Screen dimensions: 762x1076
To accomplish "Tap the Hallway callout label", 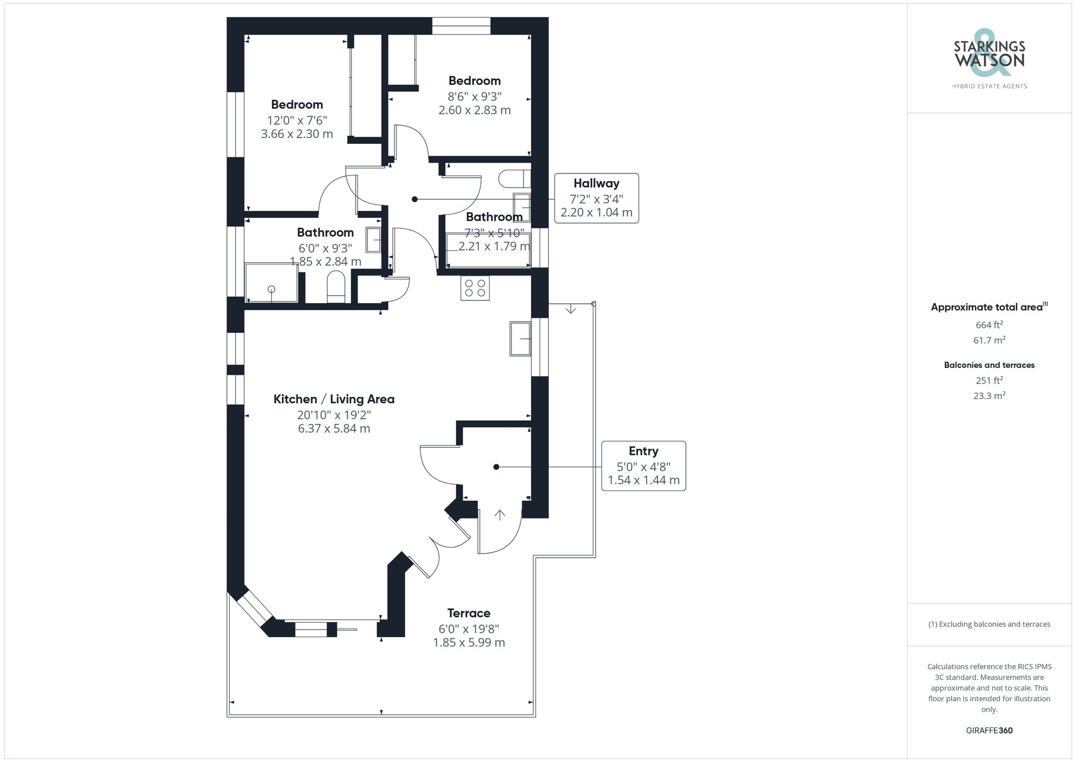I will click(x=596, y=198).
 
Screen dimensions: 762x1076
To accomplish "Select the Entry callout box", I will click(x=643, y=465).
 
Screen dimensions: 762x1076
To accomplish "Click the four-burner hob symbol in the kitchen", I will click(x=475, y=288).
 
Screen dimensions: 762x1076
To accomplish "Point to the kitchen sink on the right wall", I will click(x=520, y=338).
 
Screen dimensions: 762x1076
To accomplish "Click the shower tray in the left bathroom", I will click(x=271, y=283).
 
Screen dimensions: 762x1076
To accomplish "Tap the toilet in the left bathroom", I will click(x=336, y=287).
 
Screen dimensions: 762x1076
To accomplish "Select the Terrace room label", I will click(x=469, y=613).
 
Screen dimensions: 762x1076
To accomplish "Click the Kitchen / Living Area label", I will click(x=334, y=399).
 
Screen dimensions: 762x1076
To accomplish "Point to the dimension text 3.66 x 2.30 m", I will click(x=297, y=134).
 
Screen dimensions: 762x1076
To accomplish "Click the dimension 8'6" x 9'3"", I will click(x=475, y=96).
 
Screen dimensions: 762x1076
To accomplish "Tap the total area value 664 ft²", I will click(x=989, y=325).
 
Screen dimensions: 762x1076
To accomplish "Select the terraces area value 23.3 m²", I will click(x=989, y=396).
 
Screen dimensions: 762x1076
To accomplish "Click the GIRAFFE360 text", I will click(x=989, y=730).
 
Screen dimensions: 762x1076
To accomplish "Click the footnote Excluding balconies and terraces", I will click(x=989, y=624).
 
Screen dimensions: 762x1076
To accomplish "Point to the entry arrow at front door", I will click(x=500, y=515).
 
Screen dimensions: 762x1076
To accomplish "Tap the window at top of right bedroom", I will click(x=461, y=26).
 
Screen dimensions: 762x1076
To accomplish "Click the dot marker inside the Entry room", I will click(x=497, y=467).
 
